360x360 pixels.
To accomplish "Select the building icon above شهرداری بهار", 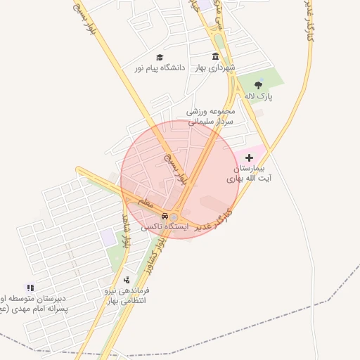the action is [215, 57].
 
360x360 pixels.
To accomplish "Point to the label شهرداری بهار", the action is [215, 67].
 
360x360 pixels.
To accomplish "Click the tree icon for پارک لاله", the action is [259, 85].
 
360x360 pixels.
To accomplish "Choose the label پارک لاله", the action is [259, 95].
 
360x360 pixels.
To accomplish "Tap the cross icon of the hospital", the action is [249, 158].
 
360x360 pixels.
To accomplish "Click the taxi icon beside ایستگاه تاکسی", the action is [165, 216].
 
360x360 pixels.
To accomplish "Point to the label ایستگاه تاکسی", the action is [165, 227].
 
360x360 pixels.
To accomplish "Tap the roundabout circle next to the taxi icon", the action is [174, 217].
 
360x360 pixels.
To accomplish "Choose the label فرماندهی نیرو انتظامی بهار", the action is [118, 295].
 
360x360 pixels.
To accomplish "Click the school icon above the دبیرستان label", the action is [30, 288].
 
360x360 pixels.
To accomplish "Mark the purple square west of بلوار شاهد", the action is [107, 237].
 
